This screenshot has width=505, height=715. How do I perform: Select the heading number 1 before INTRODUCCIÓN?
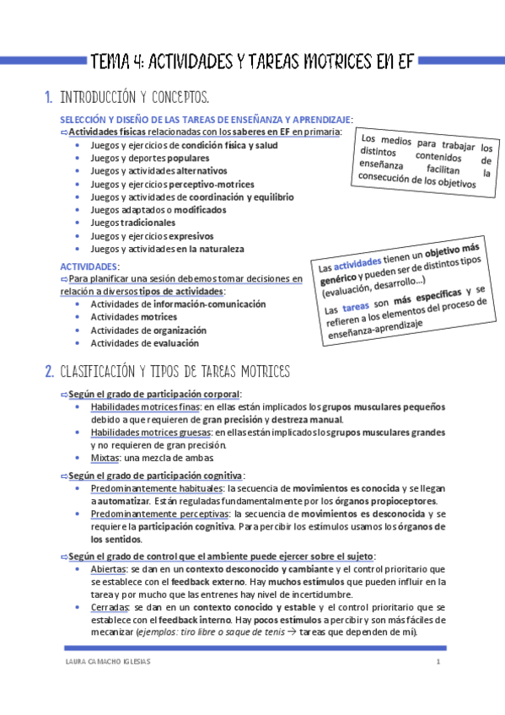pyautogui.click(x=48, y=98)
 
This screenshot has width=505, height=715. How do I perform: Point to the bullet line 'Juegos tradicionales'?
pyautogui.click(x=132, y=223)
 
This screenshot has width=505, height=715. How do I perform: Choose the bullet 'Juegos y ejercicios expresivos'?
pyautogui.click(x=151, y=236)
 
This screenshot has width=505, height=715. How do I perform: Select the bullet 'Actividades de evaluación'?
pyautogui.click(x=144, y=343)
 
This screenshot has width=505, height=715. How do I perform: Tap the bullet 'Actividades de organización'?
pyautogui.click(x=148, y=331)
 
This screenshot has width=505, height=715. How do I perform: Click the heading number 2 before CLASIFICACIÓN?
pyautogui.click(x=49, y=372)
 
